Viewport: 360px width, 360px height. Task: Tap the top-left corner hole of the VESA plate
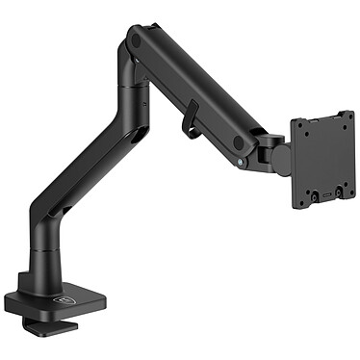point(298,124)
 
